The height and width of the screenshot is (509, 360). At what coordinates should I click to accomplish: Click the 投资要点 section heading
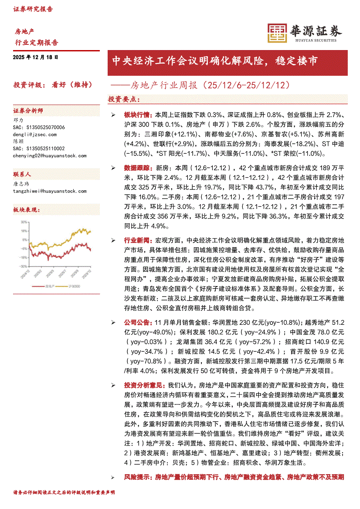(x=124, y=99)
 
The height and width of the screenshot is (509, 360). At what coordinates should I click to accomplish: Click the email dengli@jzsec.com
(x=35, y=135)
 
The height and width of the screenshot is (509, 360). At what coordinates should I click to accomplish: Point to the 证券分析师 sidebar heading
(x=28, y=111)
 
